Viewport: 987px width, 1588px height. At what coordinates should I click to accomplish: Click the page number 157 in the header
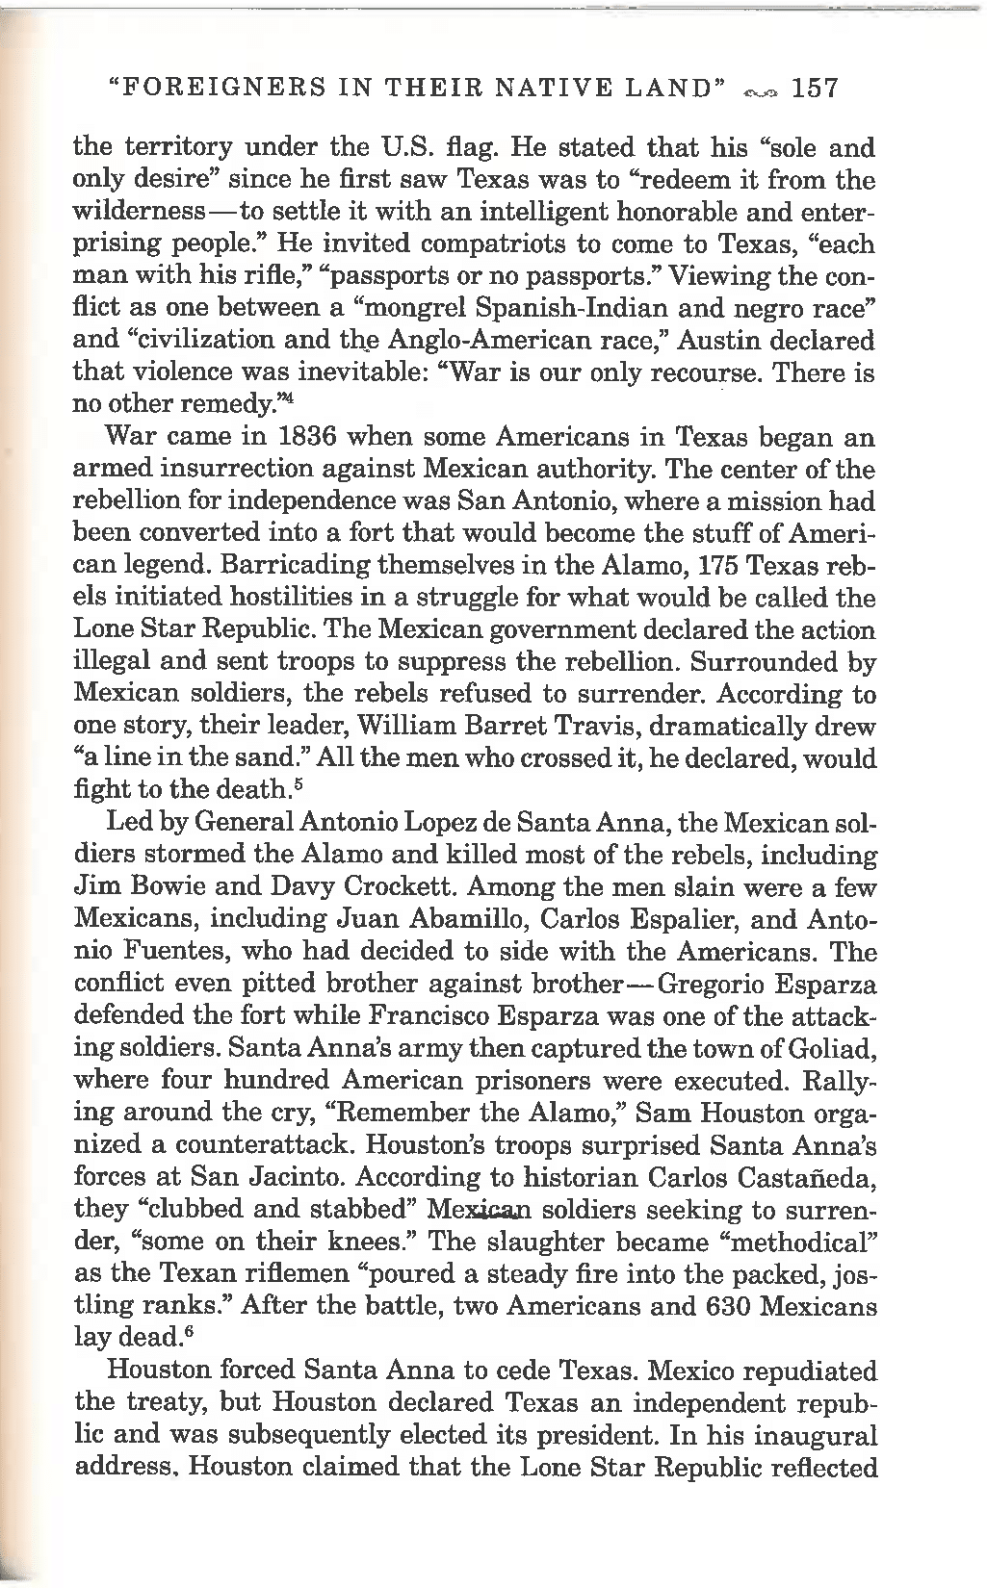coord(815,90)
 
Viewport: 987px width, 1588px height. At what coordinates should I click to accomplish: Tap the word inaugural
coord(808,1436)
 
